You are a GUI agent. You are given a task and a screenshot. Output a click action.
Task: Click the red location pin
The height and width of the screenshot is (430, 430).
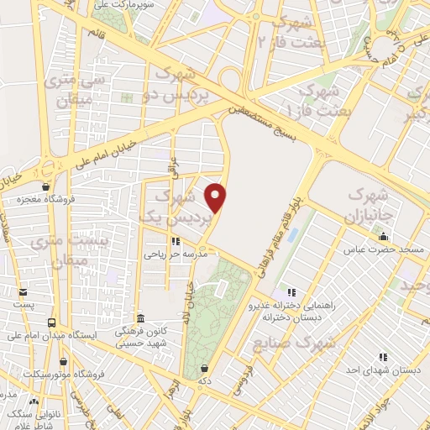[218, 197]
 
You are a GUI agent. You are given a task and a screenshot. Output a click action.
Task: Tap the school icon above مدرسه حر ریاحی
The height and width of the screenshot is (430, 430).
[176, 240]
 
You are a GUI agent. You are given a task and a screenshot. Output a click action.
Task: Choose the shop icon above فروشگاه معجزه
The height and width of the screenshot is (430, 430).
[45, 187]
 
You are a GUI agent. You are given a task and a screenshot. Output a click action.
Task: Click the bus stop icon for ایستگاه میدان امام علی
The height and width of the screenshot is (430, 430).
[52, 322]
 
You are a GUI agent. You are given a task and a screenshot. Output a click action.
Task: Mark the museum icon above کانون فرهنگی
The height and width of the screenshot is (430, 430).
[139, 319]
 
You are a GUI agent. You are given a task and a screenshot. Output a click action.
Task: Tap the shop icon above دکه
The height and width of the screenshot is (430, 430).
[205, 368]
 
